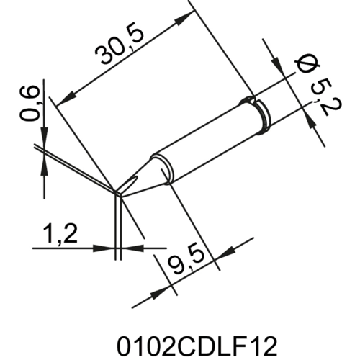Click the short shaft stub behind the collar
[x=277, y=105]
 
